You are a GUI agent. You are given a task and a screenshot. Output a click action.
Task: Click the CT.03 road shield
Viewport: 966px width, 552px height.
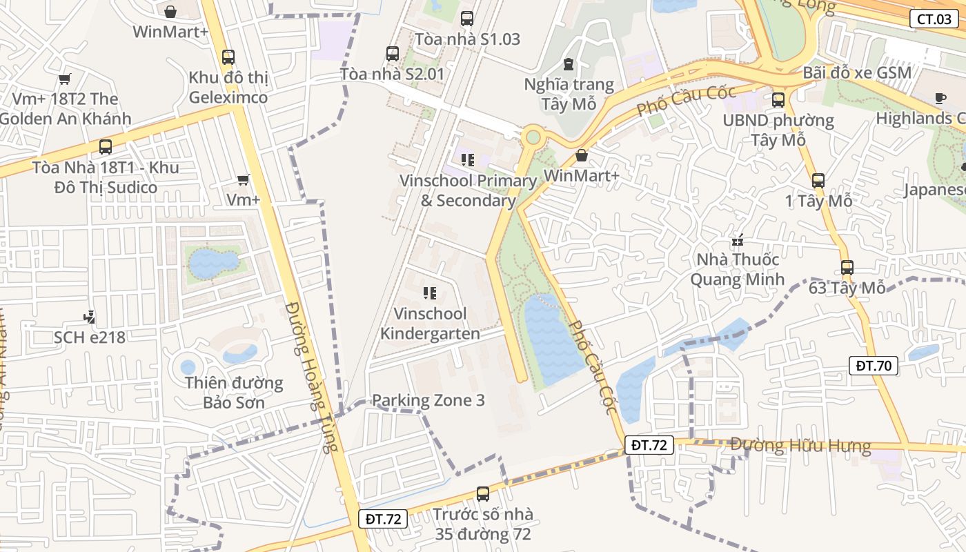(934, 19)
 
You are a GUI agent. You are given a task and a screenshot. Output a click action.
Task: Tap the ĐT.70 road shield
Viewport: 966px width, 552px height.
(874, 366)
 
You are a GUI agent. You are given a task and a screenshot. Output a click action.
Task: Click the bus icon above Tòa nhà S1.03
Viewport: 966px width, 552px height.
(467, 19)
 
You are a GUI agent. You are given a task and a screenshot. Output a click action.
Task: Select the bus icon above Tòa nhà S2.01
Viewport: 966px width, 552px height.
(393, 54)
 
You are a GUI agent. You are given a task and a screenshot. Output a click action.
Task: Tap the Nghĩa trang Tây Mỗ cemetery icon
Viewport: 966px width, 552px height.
(569, 64)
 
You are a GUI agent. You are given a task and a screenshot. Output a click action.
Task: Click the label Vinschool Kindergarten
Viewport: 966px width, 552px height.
(430, 324)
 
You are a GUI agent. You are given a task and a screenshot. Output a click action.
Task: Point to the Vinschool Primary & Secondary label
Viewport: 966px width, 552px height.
(469, 190)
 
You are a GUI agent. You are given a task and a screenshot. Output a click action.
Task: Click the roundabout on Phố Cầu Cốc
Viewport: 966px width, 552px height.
(533, 137)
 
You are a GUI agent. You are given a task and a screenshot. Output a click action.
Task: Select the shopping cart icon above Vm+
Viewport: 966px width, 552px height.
(243, 180)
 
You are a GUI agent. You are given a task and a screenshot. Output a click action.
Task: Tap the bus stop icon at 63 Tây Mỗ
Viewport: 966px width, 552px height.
(847, 268)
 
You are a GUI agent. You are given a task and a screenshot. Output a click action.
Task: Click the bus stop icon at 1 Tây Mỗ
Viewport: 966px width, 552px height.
(818, 181)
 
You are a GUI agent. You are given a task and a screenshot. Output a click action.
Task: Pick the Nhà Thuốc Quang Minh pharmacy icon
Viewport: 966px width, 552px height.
(738, 241)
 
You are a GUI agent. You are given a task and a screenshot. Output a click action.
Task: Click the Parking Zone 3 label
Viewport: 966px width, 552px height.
(428, 400)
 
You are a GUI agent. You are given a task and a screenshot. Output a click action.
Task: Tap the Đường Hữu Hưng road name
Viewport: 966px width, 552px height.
(800, 446)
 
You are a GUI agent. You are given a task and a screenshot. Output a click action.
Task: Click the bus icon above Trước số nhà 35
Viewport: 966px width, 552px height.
(483, 494)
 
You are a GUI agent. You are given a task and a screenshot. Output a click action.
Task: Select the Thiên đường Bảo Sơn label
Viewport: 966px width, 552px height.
(233, 392)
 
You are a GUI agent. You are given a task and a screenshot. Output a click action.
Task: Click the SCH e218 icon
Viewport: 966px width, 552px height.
(89, 318)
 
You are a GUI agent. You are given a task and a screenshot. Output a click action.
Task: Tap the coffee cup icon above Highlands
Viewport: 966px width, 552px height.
(940, 99)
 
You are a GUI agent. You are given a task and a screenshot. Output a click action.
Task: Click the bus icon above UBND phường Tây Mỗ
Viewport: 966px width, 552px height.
(778, 100)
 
